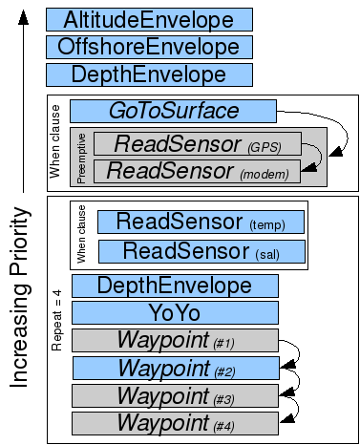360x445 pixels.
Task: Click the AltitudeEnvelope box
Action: point(149,20)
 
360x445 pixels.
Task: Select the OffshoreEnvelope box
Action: point(149,47)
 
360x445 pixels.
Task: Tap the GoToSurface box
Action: point(173,111)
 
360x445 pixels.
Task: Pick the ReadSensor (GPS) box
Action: point(198,144)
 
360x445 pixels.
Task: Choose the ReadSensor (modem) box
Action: point(197,171)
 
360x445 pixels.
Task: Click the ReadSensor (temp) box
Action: point(201,222)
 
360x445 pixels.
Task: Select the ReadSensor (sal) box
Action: point(201,251)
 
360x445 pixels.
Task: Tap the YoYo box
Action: point(175,313)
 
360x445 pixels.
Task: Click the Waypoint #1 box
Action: point(175,340)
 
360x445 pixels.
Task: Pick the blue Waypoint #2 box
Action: point(176,368)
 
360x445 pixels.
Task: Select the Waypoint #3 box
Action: point(175,395)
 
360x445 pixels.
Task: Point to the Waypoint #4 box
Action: point(175,423)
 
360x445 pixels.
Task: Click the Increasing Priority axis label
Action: point(20,297)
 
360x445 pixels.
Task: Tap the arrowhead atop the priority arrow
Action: point(23,17)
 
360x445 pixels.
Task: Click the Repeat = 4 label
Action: point(56,320)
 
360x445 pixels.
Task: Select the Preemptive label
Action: point(81,159)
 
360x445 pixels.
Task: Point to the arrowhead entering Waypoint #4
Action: point(286,418)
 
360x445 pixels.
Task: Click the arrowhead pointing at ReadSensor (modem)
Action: point(308,167)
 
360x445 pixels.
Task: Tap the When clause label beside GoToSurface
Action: point(54,141)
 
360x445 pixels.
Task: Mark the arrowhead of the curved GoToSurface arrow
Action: point(336,151)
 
